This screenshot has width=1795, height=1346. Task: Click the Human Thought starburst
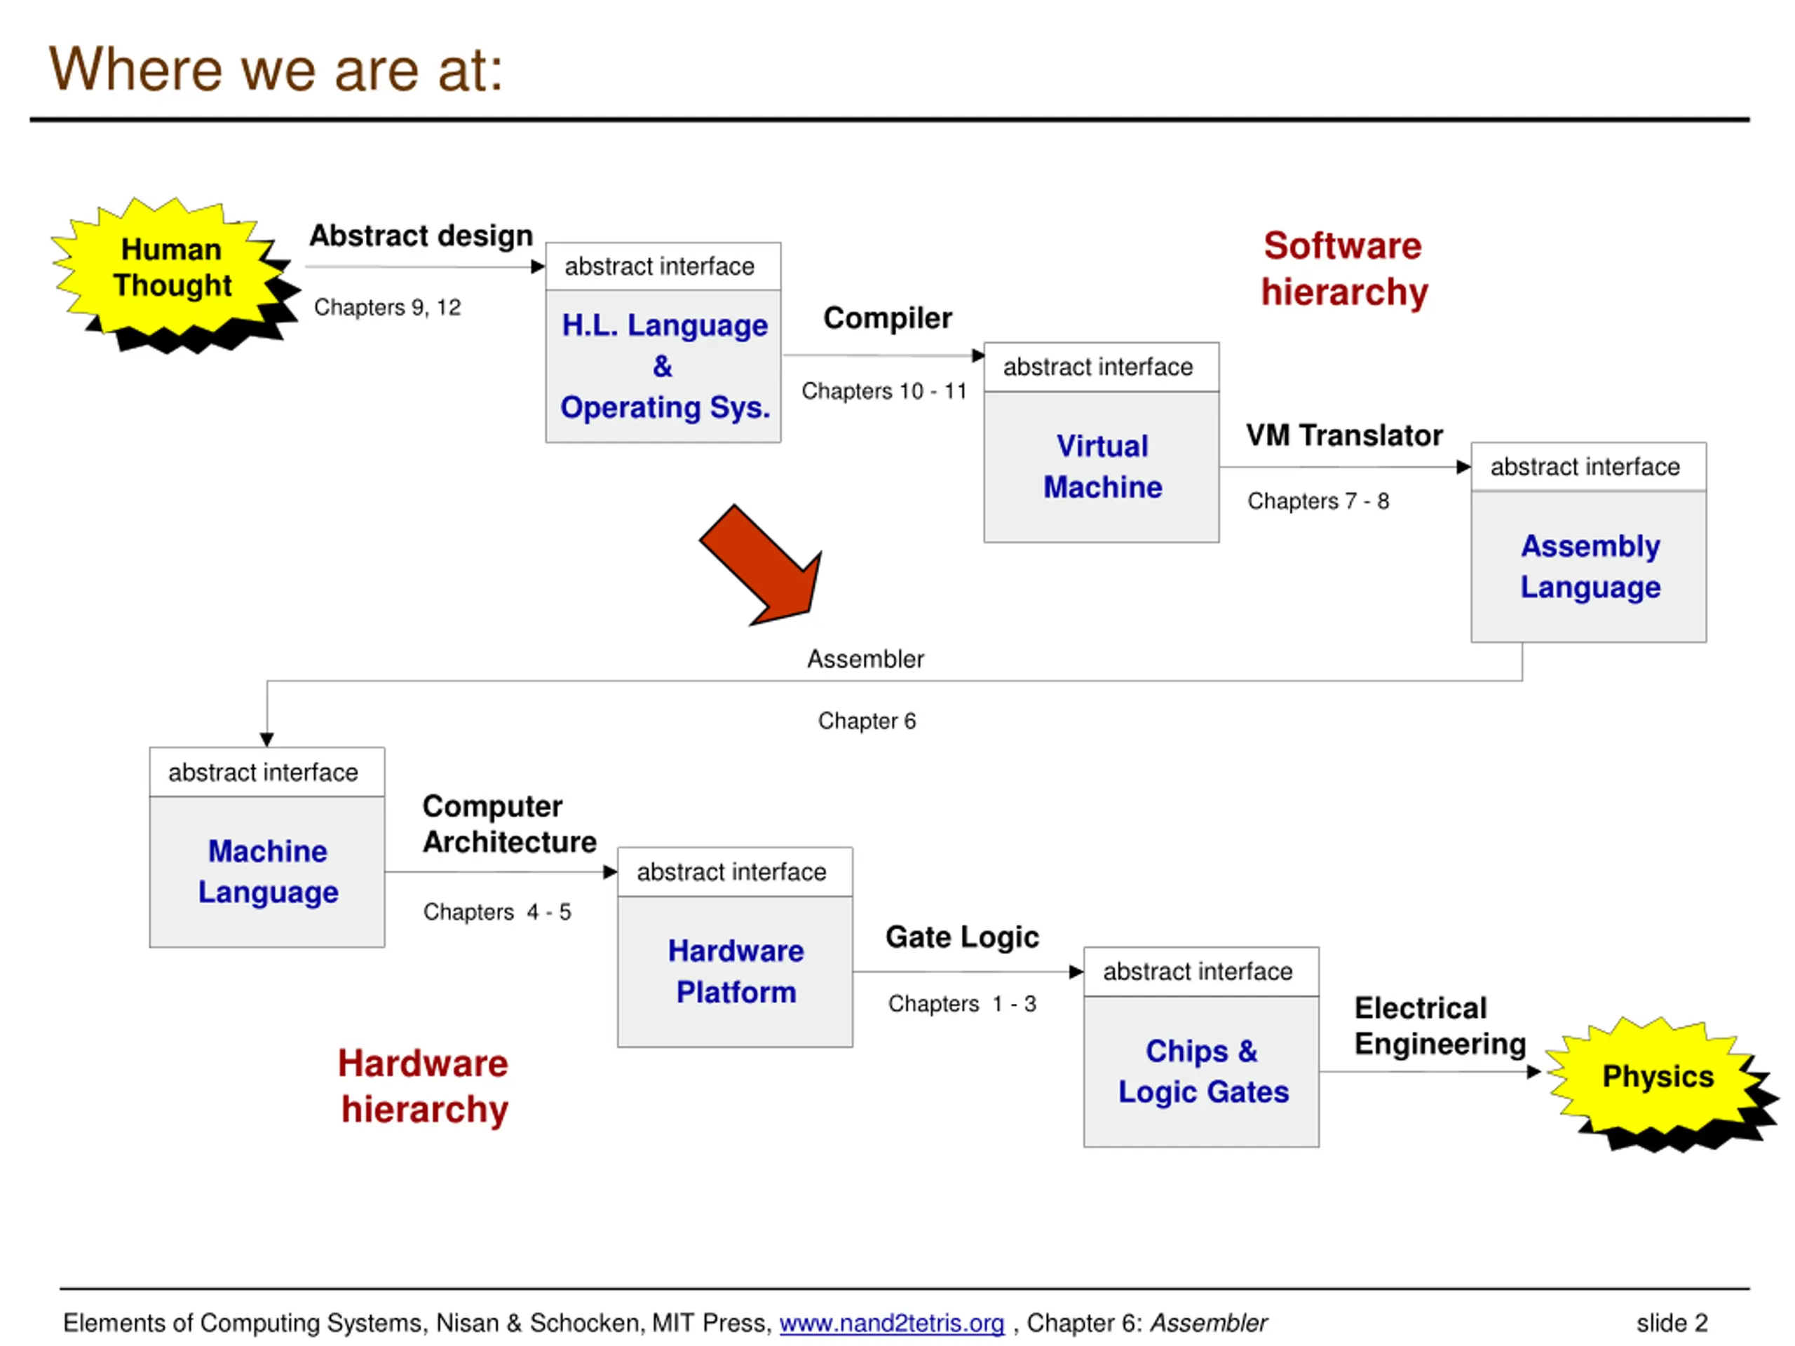pos(172,272)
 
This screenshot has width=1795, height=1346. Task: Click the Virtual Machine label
pos(1102,466)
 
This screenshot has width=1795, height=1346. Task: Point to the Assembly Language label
pos(1590,566)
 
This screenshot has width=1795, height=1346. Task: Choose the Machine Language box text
pos(268,871)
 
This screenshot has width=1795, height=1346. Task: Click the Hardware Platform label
pos(736,971)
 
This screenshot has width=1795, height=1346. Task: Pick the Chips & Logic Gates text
pos(1203,1071)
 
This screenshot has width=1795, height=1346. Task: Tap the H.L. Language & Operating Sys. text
pos(665,366)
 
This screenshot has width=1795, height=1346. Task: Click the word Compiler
pos(888,318)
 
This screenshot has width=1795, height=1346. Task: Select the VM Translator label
pos(1345,435)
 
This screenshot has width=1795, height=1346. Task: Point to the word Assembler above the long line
pos(866,659)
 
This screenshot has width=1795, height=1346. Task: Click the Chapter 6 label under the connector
pos(867,721)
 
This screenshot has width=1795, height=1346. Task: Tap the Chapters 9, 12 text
pos(387,308)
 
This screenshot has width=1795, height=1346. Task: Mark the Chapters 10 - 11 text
pos(884,391)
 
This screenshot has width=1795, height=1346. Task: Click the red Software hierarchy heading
pos(1344,268)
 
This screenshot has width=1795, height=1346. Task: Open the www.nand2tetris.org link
pos(892,1324)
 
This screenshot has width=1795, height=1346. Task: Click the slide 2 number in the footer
pos(1672,1324)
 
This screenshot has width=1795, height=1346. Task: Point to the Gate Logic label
pos(963,938)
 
